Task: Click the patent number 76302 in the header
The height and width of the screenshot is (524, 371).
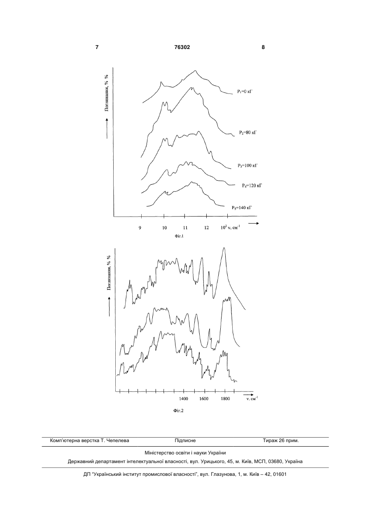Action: [182, 47]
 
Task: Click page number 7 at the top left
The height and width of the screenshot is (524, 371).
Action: [97, 47]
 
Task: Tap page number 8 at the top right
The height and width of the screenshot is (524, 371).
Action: [263, 47]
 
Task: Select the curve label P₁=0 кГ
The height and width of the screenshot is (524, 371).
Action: [245, 92]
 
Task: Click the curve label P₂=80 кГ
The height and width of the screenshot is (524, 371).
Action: [248, 133]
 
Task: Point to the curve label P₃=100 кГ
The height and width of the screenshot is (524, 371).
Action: [247, 165]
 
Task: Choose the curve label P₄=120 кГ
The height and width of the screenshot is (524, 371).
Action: [252, 186]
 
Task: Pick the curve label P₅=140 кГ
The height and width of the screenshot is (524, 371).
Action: [242, 207]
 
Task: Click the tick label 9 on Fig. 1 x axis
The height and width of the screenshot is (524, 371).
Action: [140, 228]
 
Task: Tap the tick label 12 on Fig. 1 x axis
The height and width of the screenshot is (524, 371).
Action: [206, 228]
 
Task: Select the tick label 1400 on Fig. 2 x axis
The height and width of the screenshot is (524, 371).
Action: [184, 398]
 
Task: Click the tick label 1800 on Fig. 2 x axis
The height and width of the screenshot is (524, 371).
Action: [225, 398]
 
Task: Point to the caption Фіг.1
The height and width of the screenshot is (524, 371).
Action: [179, 236]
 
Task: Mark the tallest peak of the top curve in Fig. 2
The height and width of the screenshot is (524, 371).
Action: [224, 248]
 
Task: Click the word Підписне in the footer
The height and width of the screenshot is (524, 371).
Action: [185, 440]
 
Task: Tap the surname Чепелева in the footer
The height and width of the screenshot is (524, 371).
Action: [118, 440]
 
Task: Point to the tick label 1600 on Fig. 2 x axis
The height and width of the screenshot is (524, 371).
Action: [204, 398]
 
